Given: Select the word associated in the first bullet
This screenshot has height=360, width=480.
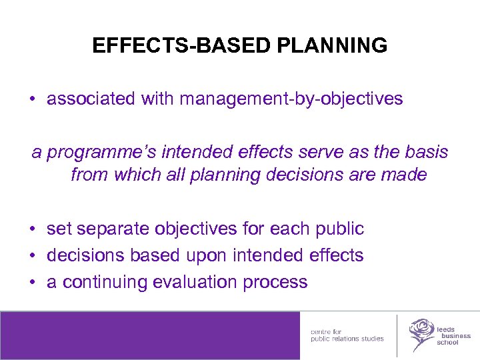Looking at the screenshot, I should (91, 99).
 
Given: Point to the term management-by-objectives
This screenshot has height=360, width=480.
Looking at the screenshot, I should (291, 99).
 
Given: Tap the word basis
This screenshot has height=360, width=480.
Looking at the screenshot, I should (423, 152).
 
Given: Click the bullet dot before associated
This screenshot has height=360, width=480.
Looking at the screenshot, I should (32, 100).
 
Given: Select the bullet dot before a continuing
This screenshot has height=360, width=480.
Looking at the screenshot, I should (32, 283).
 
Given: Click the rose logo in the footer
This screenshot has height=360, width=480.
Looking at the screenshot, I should (421, 333).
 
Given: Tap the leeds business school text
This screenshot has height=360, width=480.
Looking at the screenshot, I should (453, 336).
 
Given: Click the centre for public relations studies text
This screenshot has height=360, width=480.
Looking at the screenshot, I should (347, 335).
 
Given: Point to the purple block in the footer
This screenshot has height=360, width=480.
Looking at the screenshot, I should (150, 335).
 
